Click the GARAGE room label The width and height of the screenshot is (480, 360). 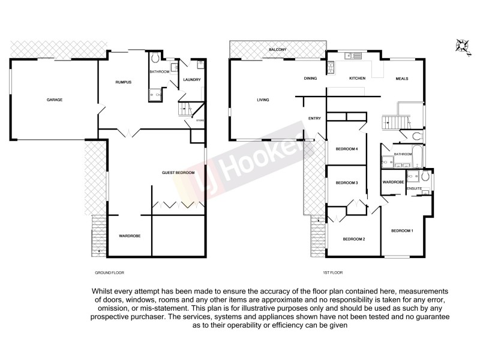(x=55, y=100)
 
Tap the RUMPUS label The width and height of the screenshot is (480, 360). (x=124, y=82)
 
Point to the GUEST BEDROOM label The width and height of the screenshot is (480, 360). (x=178, y=173)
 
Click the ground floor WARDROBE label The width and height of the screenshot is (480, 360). (x=129, y=236)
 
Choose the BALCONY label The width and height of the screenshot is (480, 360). (x=277, y=49)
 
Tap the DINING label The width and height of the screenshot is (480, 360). (x=310, y=79)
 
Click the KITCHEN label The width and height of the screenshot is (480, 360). (x=358, y=79)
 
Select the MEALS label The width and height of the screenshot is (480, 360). (x=402, y=79)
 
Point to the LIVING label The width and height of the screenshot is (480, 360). (x=263, y=100)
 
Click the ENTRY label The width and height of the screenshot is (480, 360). (x=314, y=118)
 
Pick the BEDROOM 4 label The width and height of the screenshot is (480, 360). (x=347, y=149)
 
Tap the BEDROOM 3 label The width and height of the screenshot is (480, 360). (x=347, y=182)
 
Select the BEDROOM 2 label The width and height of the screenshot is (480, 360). (x=354, y=239)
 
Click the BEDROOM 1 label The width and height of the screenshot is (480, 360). (x=402, y=230)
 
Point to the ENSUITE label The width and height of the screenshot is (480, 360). (x=415, y=188)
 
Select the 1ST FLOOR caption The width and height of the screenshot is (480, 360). (x=333, y=272)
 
